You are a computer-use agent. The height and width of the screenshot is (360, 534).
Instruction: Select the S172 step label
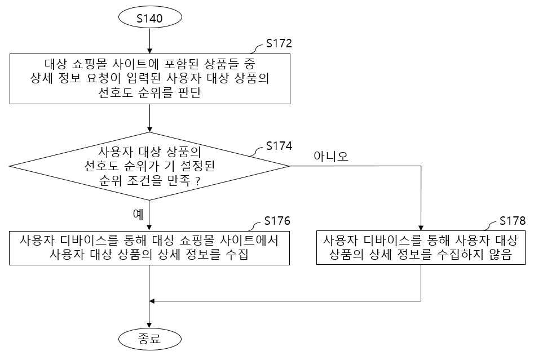[279, 43]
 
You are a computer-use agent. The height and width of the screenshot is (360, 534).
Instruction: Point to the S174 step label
[279, 145]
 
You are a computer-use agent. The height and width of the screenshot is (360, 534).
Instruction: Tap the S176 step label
[277, 221]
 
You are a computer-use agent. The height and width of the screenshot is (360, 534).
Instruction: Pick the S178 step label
[513, 221]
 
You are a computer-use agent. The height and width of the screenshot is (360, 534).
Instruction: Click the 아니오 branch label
[330, 156]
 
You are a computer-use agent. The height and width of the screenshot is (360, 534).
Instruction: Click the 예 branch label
[138, 215]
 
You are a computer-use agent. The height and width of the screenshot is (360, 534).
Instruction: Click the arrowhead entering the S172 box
[149, 51]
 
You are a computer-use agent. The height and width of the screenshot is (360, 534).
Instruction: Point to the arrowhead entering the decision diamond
[149, 130]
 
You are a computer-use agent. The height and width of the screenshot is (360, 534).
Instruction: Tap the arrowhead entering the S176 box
[149, 228]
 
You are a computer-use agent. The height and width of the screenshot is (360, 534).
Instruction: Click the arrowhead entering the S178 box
[421, 228]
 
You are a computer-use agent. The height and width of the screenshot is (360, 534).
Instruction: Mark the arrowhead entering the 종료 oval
[149, 326]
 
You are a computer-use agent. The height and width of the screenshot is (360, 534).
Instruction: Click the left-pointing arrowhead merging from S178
[152, 301]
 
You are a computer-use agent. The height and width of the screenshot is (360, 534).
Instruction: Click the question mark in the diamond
[197, 181]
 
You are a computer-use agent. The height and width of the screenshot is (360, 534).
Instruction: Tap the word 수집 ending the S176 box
[237, 254]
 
